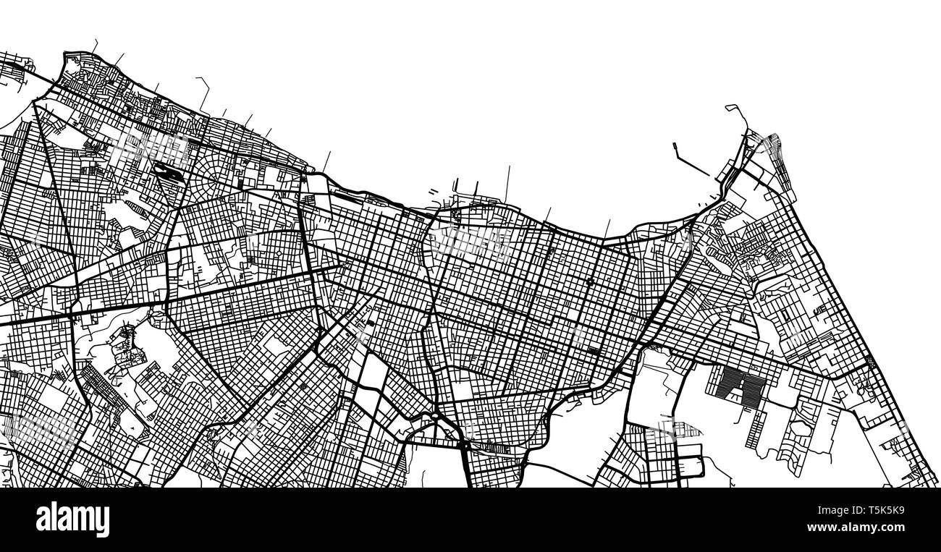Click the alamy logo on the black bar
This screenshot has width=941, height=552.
[x=72, y=519]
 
